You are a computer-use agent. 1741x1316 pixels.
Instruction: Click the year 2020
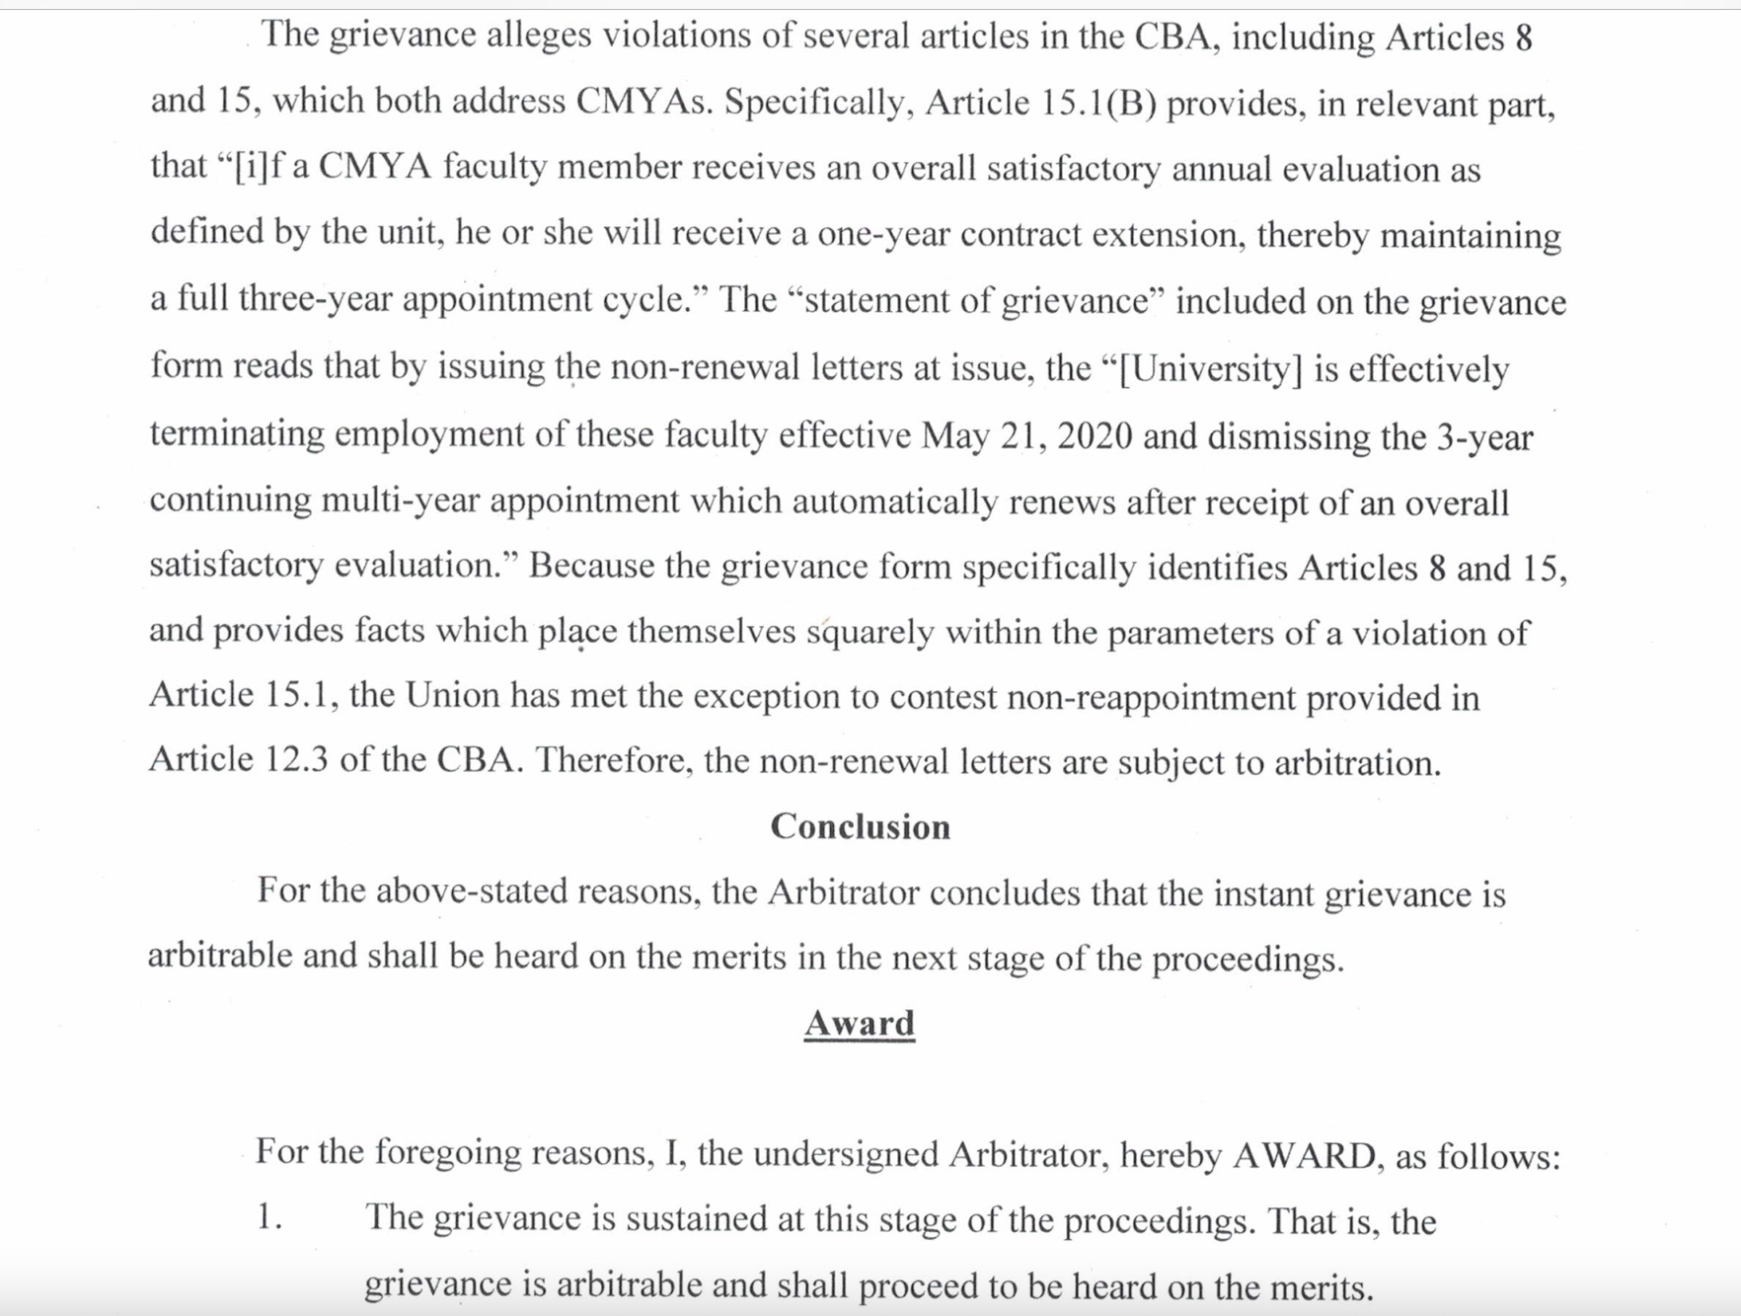coord(1095,436)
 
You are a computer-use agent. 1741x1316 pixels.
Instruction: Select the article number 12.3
coord(297,760)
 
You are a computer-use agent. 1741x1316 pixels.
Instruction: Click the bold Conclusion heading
coord(860,826)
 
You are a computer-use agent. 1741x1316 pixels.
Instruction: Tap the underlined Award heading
coord(860,1023)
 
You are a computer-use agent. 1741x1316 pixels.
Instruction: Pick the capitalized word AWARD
coord(1303,1155)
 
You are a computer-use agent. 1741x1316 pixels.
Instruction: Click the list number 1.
coord(269,1217)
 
